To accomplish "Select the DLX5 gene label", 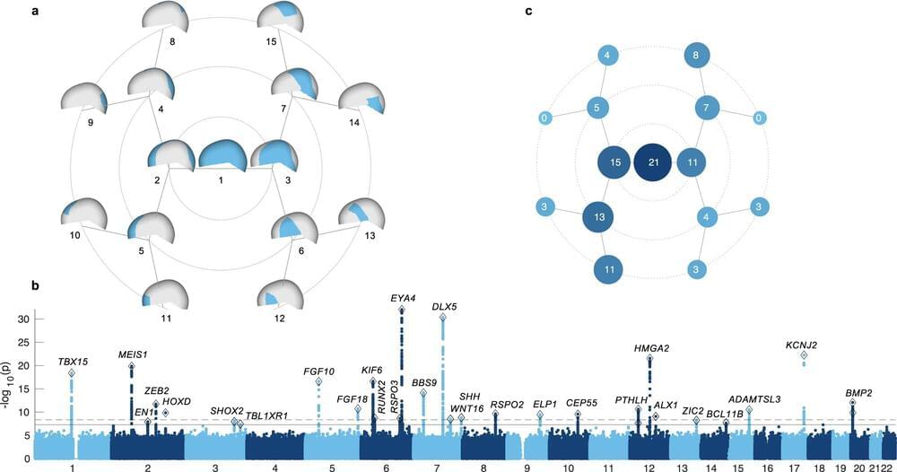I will pos(444,306).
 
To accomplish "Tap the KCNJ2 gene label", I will pos(802,345).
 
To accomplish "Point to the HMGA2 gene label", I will pos(651,348).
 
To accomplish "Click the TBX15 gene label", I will pos(72,362).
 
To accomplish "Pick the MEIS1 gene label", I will pos(133,354).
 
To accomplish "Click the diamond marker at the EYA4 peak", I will pos(402,310).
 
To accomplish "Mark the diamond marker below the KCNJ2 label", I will pos(804,356).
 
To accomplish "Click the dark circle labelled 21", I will pos(652,164).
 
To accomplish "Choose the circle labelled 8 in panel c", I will pos(698,57).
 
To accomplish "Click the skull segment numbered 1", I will pos(222,155).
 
